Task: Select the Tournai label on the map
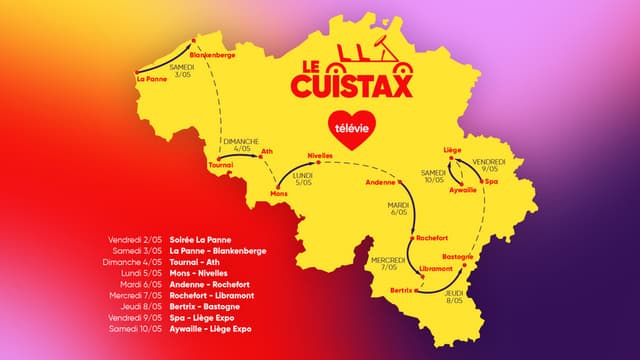pyautogui.click(x=220, y=165)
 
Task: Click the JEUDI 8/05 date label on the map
pyautogui.click(x=455, y=296)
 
